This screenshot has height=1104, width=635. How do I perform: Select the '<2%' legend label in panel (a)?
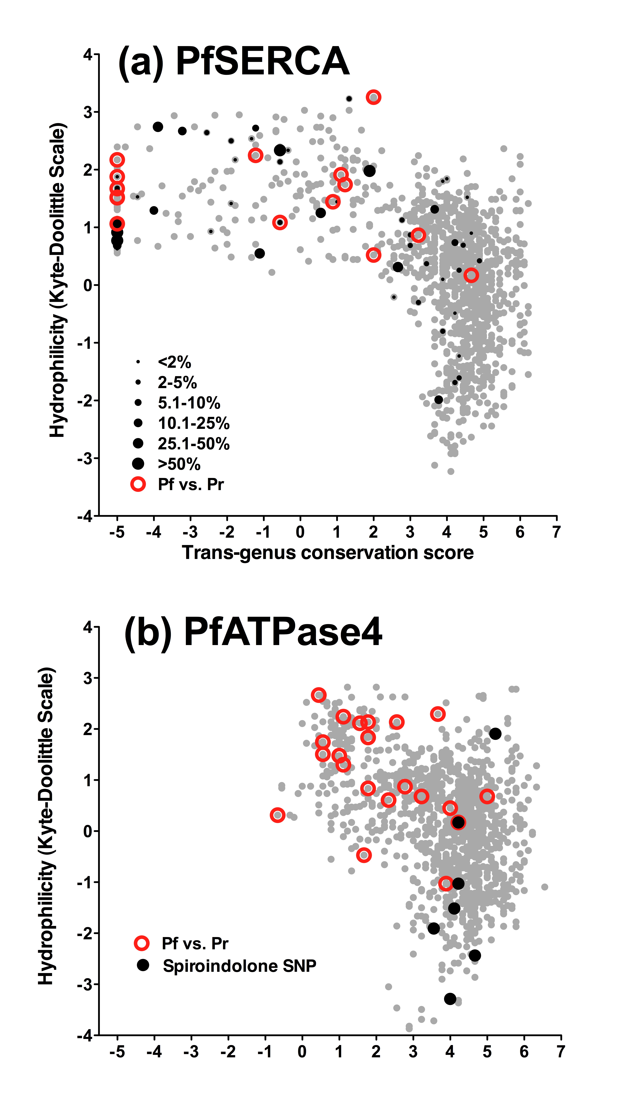(174, 362)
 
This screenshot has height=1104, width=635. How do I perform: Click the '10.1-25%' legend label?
(194, 423)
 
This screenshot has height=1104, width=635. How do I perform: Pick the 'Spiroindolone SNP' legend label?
(239, 966)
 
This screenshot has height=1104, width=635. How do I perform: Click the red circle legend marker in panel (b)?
(142, 943)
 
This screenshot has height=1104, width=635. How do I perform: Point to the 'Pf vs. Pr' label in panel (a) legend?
(191, 484)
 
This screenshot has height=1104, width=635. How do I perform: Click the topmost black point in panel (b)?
(495, 734)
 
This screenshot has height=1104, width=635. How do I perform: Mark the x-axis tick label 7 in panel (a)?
(556, 532)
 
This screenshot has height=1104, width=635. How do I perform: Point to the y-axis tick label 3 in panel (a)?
(88, 112)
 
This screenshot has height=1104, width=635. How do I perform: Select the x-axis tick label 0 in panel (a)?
(300, 532)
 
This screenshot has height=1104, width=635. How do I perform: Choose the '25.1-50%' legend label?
(194, 444)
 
